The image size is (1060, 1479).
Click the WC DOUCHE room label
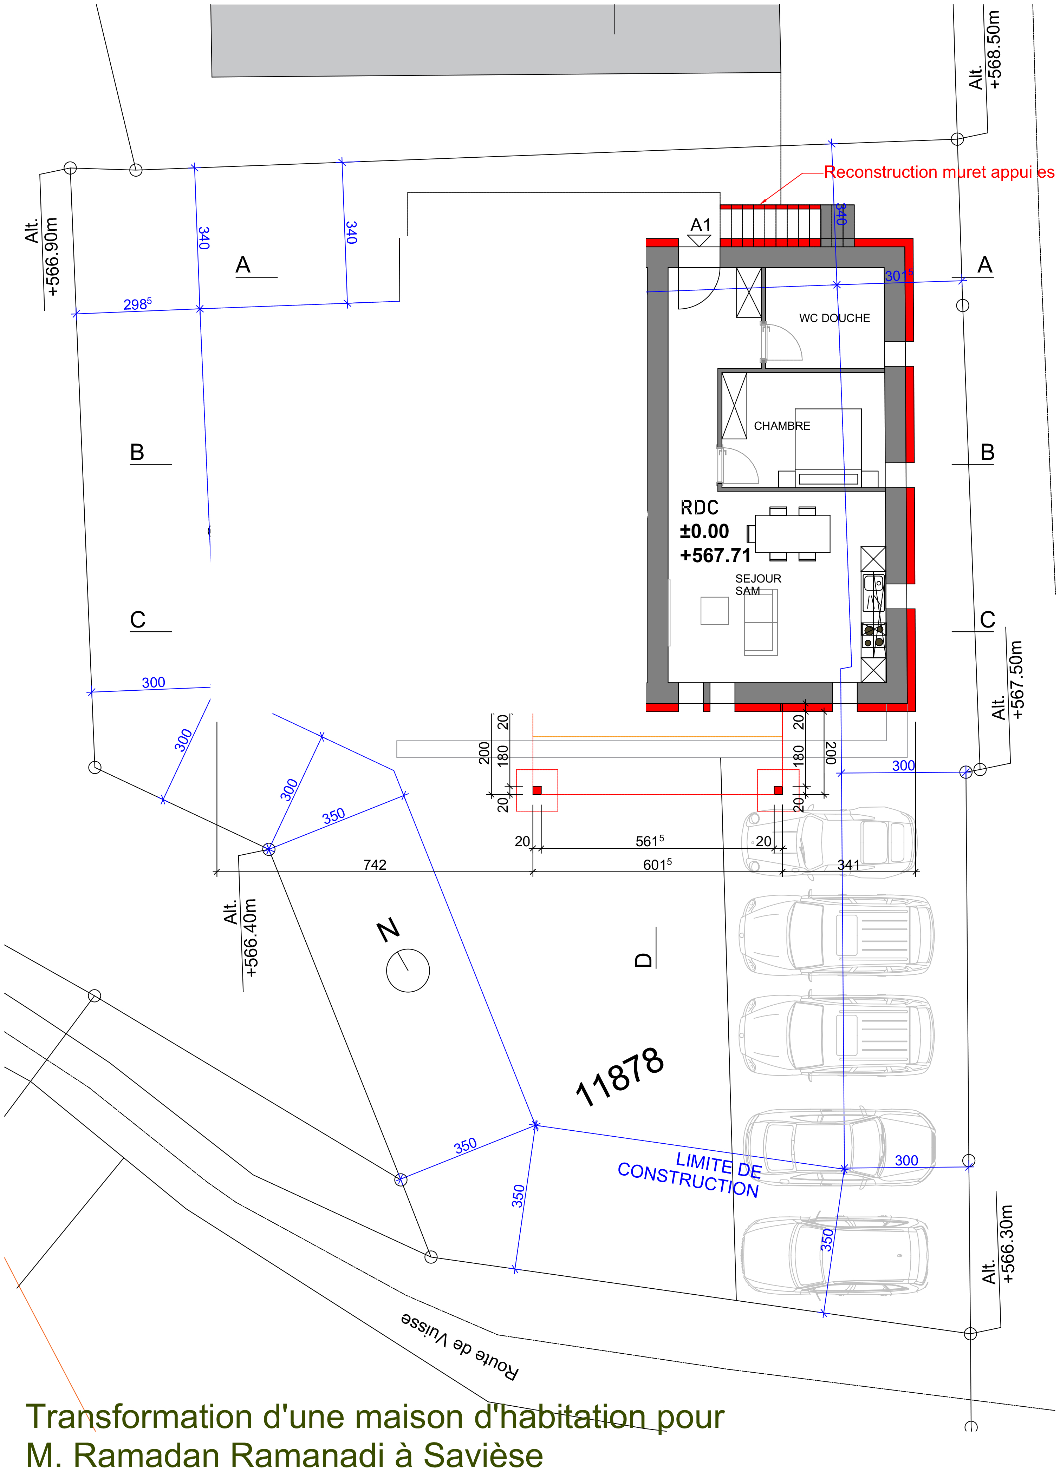coord(834,318)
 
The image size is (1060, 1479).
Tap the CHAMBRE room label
coord(782,426)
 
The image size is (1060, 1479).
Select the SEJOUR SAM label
coord(757,584)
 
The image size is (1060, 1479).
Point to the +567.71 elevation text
coord(716,556)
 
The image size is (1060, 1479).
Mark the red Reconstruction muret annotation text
coord(939,172)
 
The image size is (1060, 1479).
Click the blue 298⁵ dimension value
coord(138,304)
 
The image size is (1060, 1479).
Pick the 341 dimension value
coord(848,865)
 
